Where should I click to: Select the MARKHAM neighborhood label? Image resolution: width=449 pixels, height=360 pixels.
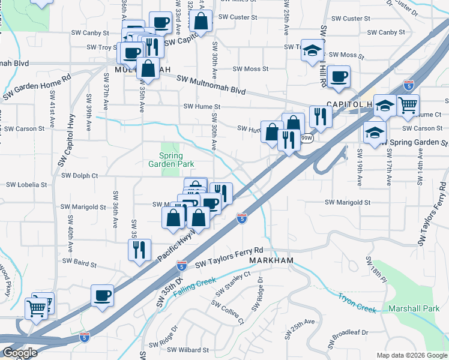click(x=271, y=261)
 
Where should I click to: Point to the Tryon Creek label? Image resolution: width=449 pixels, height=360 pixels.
click(x=357, y=303)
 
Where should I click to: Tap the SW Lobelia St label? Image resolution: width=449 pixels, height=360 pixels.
click(x=25, y=185)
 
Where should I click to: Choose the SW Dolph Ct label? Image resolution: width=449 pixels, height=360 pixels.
click(x=79, y=176)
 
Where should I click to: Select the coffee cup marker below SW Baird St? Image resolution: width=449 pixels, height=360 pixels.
click(x=102, y=295)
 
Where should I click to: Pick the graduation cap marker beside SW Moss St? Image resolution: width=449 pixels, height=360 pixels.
click(x=312, y=50)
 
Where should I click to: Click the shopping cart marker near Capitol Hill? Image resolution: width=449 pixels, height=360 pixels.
click(x=408, y=105)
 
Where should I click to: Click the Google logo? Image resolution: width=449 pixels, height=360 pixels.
click(x=19, y=353)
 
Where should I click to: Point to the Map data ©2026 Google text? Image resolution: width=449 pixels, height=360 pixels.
click(x=411, y=355)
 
